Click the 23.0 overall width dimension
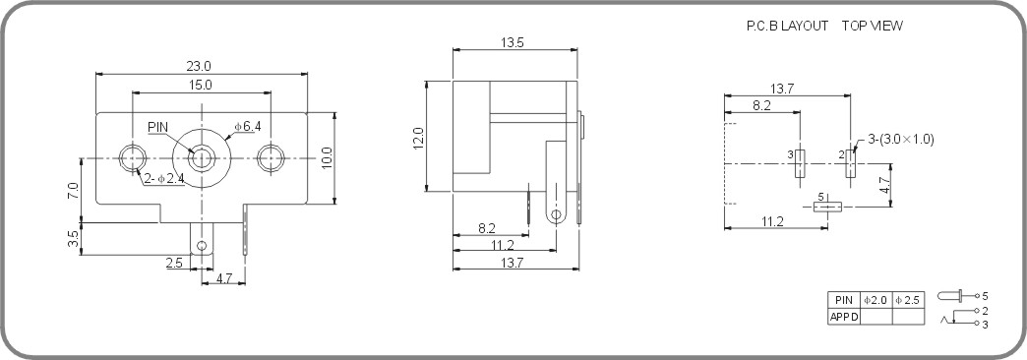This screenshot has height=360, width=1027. point(200,66)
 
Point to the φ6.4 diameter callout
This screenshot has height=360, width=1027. point(246,126)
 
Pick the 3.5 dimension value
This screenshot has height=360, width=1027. point(74,240)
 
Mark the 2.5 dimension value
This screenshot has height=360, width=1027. point(173,263)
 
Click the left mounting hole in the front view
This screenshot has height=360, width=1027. point(131,157)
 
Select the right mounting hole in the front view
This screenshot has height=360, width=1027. point(271,157)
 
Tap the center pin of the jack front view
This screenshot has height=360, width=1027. point(202,157)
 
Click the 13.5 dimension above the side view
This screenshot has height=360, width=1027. point(512,42)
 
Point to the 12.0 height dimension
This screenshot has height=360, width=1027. point(418,138)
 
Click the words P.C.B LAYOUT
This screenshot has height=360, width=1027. point(787,27)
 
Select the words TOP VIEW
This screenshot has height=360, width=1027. point(872,27)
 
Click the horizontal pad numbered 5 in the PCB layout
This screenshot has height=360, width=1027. point(828,207)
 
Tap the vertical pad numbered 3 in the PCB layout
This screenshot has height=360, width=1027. point(801,163)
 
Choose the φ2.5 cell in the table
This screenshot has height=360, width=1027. point(908,300)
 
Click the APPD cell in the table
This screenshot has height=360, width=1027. point(844,317)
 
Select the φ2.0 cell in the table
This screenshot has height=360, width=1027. point(876,300)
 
